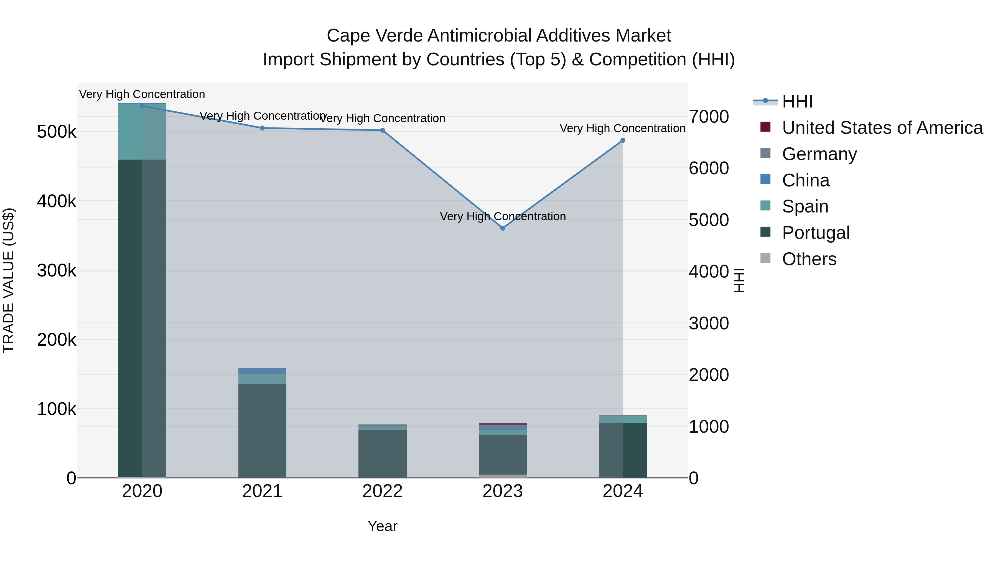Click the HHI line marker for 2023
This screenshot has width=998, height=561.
pyautogui.click(x=503, y=228)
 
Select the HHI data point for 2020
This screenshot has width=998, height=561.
pyautogui.click(x=142, y=106)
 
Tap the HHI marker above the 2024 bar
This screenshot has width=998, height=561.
pyautogui.click(x=623, y=140)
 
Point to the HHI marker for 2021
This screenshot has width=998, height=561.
pyautogui.click(x=262, y=128)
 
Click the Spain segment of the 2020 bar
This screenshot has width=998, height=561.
pyautogui.click(x=142, y=132)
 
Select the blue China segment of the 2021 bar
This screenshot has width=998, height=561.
pyautogui.click(x=262, y=371)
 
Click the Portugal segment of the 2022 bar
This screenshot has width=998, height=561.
pyautogui.click(x=382, y=453)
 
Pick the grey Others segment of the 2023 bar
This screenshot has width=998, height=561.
pyautogui.click(x=503, y=476)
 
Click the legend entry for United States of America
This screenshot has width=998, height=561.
pyautogui.click(x=882, y=128)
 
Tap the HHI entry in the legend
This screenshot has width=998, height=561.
pyautogui.click(x=797, y=101)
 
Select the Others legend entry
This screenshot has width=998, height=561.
pyautogui.click(x=809, y=259)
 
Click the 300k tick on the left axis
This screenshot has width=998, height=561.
pyautogui.click(x=57, y=271)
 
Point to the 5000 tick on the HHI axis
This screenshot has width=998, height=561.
pyautogui.click(x=709, y=220)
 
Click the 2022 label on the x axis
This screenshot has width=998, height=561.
pyautogui.click(x=382, y=491)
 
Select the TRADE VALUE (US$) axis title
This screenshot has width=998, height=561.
pyautogui.click(x=9, y=280)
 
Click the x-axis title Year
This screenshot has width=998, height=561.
pyautogui.click(x=382, y=526)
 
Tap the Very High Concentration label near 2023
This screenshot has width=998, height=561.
pyautogui.click(x=503, y=216)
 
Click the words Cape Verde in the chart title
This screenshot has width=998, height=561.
pyautogui.click(x=374, y=36)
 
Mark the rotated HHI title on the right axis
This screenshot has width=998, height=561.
pyautogui.click(x=739, y=280)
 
